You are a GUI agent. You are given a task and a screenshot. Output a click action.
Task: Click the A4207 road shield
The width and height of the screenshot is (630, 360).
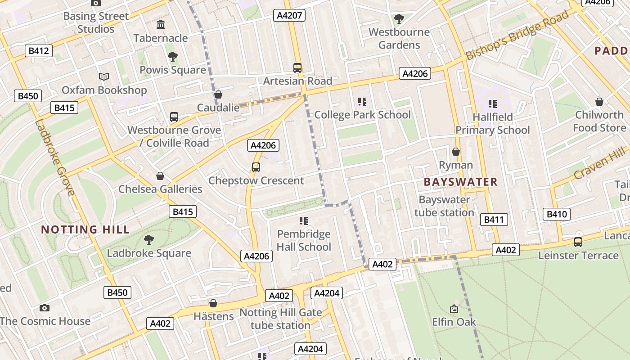(x=289, y=16)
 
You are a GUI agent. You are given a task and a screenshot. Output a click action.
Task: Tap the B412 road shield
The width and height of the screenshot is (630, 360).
(x=39, y=51)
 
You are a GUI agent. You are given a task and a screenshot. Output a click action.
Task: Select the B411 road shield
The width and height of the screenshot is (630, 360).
(x=494, y=220)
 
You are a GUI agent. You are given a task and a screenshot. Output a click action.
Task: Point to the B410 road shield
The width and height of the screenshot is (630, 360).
(x=557, y=214)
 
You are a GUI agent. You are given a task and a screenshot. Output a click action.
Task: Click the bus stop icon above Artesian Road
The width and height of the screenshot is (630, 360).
(x=297, y=68)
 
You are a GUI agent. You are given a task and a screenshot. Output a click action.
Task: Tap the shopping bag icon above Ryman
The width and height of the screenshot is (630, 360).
(x=456, y=152)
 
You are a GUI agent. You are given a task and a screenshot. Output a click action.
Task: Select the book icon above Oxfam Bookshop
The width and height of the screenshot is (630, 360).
(x=104, y=77)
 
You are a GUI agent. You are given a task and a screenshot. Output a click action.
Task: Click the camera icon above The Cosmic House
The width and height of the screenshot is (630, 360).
(x=44, y=308)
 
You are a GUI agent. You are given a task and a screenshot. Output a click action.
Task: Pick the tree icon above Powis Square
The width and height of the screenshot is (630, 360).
(x=172, y=57)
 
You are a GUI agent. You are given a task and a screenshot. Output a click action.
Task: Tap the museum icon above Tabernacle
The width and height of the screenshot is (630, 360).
(x=160, y=25)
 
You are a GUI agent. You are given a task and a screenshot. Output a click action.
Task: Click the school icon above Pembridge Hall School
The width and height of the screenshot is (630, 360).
(x=304, y=220)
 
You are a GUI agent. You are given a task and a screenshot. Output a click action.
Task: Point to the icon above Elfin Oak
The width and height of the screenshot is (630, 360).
(x=454, y=309)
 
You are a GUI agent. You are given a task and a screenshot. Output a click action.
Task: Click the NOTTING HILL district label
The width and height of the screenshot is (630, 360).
(x=85, y=229)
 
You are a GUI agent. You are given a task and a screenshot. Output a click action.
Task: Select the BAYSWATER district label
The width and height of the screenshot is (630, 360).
(x=461, y=182)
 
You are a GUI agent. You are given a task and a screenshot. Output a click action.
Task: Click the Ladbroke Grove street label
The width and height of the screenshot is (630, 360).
(x=54, y=157)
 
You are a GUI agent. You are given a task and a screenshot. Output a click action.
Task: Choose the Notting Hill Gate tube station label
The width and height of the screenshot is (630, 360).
(x=280, y=319)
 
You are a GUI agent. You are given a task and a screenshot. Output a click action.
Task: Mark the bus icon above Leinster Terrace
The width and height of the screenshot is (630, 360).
(x=578, y=242)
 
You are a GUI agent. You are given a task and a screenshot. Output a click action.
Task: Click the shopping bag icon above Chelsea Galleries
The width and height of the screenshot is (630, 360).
(x=160, y=176)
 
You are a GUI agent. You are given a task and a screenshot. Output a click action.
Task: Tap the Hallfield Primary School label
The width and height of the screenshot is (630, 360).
(x=493, y=124)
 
